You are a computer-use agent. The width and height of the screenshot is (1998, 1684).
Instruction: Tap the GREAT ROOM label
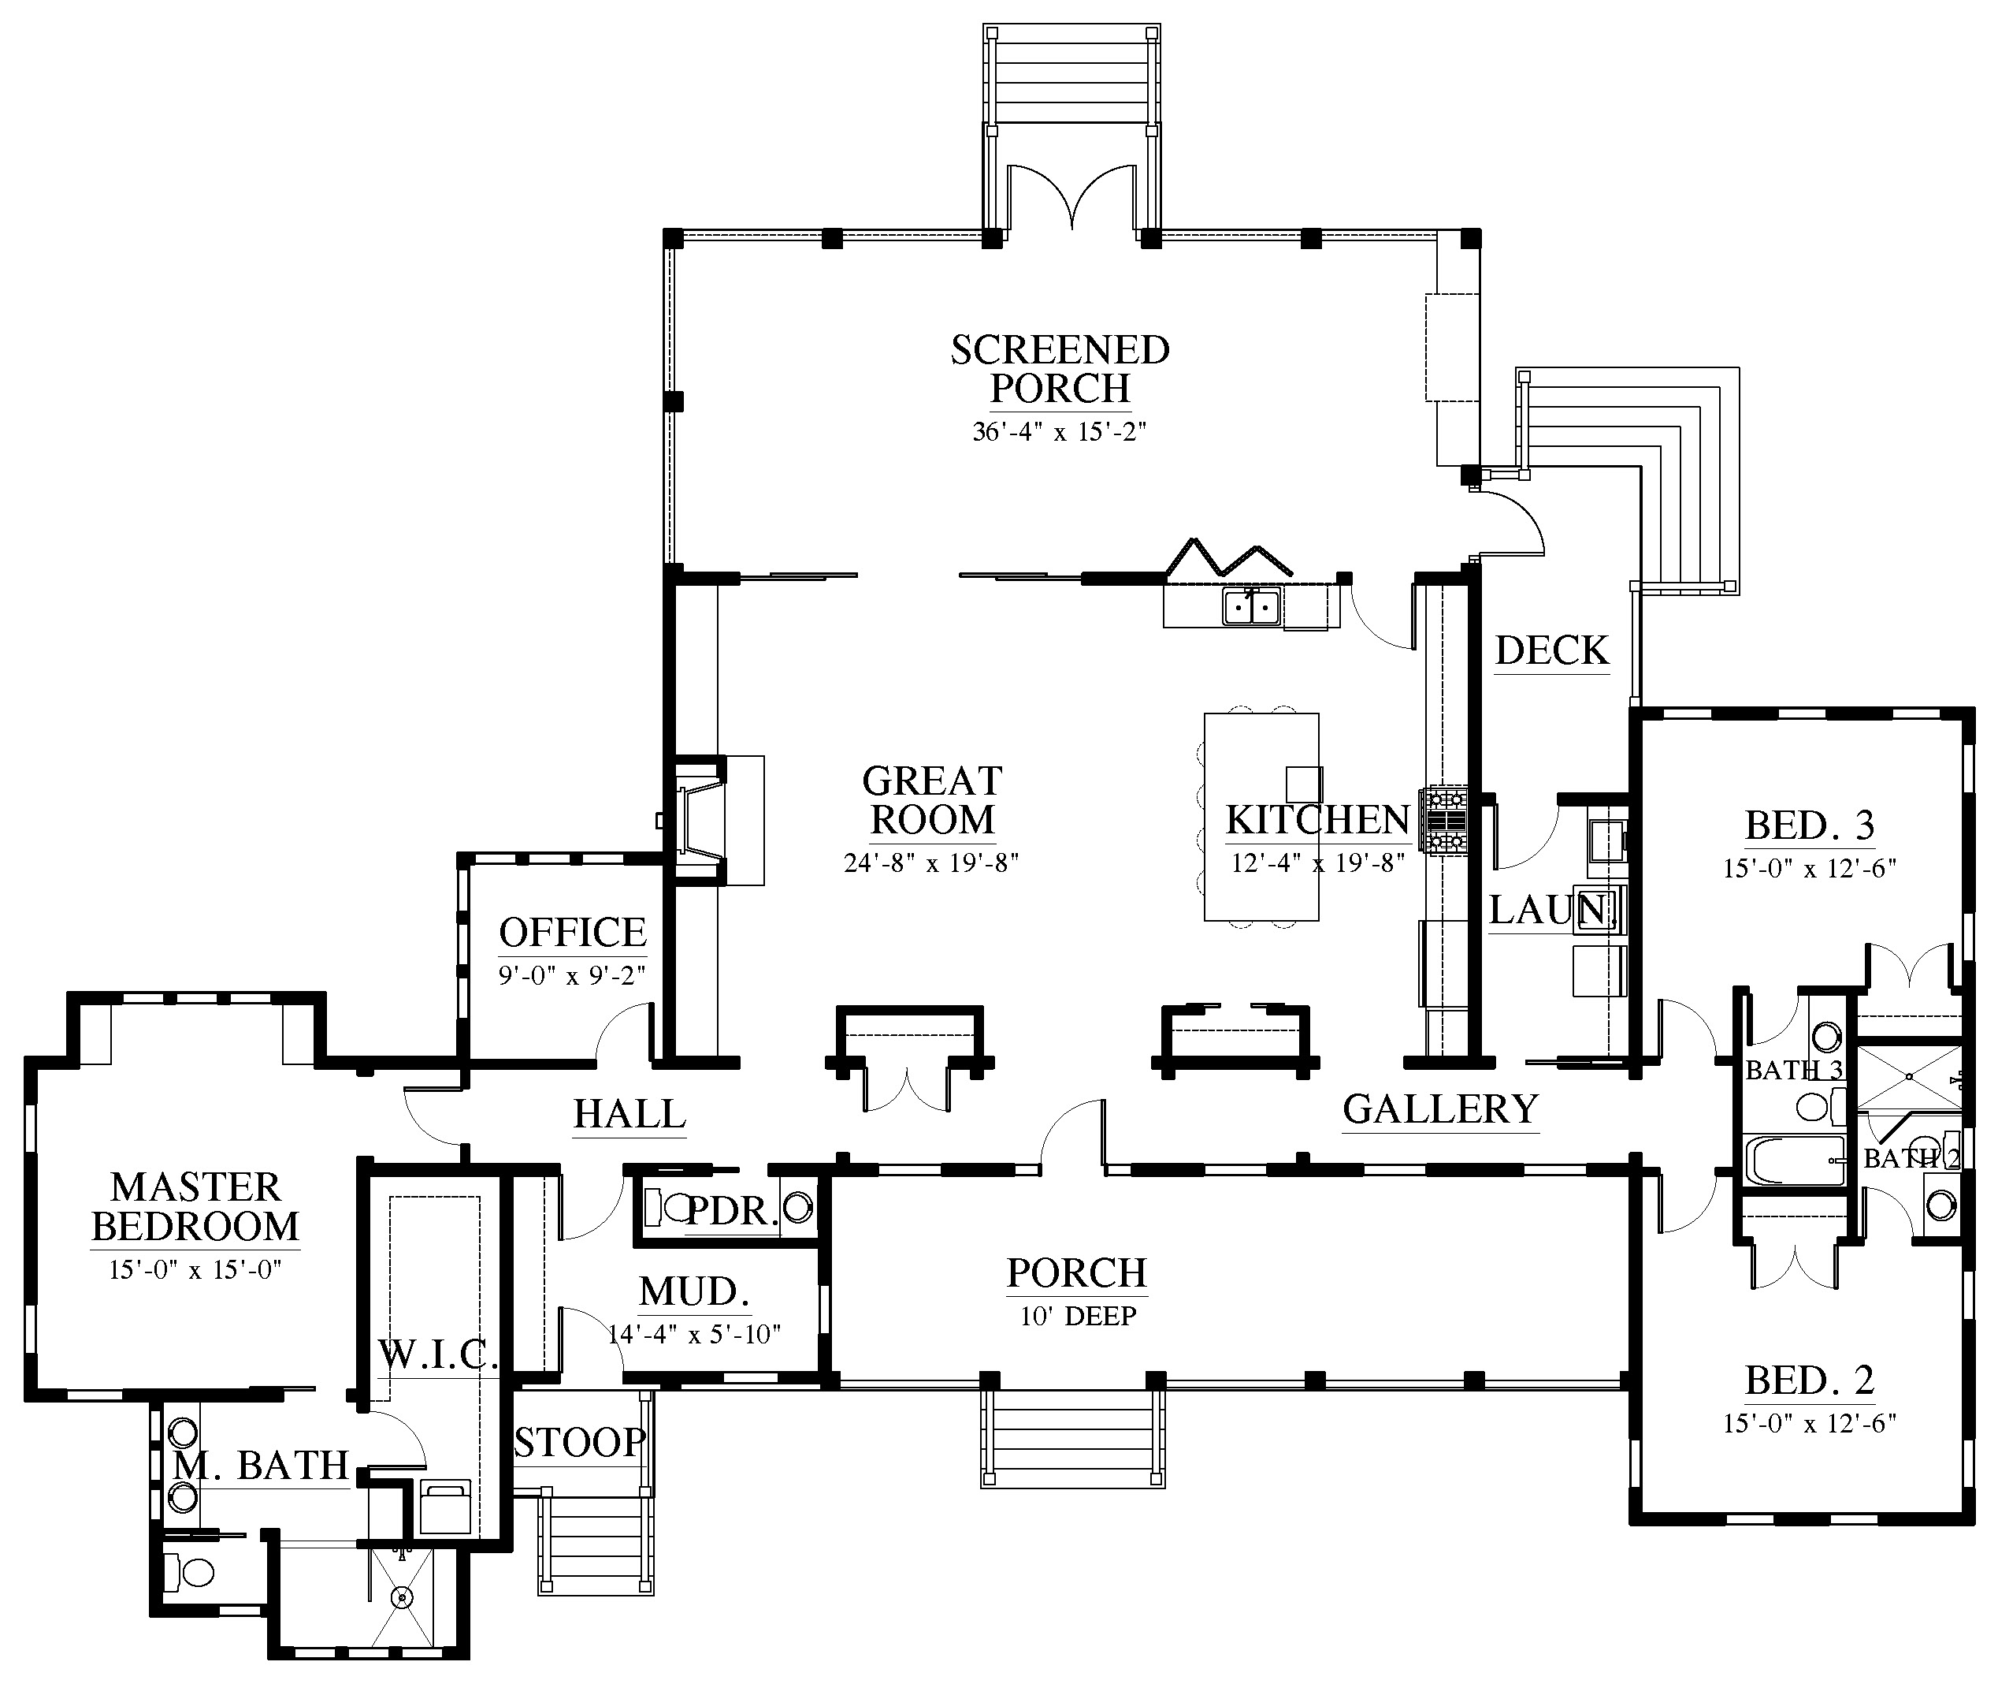932,800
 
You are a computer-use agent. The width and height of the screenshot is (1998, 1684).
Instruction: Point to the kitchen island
1261,816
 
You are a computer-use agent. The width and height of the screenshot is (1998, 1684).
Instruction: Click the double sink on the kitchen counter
1252,606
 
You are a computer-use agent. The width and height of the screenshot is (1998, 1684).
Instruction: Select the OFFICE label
573,932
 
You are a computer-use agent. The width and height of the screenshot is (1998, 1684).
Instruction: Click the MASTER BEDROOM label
195,1207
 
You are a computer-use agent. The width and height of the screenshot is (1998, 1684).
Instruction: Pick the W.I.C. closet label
438,1354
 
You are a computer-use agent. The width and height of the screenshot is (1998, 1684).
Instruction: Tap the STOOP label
580,1443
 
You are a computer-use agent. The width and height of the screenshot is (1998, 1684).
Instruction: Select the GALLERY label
1441,1109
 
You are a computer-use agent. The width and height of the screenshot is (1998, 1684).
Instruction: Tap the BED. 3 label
1810,825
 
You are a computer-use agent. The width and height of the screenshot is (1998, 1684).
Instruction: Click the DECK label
1552,651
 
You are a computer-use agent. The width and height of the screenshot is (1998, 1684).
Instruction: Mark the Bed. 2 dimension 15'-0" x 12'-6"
1809,1423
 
